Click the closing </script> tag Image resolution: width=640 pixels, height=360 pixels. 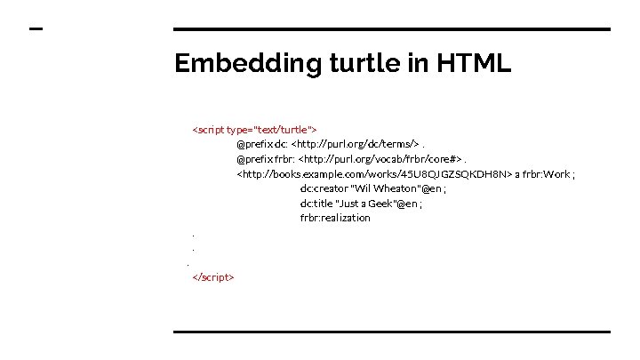pyautogui.click(x=213, y=277)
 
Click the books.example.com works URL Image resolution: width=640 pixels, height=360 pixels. pyautogui.click(x=373, y=174)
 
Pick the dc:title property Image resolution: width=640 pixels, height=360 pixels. pyautogui.click(x=316, y=204)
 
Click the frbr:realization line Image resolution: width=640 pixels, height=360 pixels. pyautogui.click(x=335, y=218)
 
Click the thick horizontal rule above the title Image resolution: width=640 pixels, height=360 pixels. pyautogui.click(x=391, y=29)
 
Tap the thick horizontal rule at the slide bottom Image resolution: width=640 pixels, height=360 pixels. pyautogui.click(x=391, y=332)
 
